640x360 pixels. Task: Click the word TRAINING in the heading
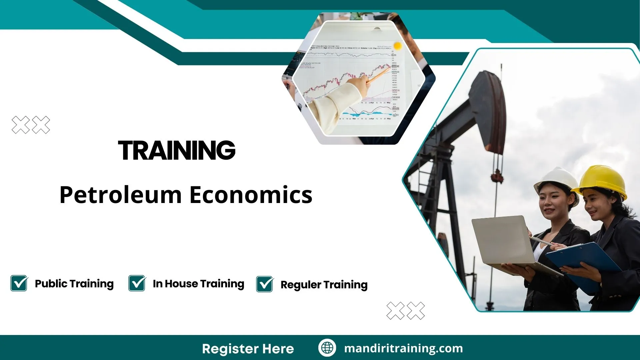point(177,150)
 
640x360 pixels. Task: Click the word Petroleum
point(120,195)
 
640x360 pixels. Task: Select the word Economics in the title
point(251,195)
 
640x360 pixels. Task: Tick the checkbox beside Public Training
point(19,283)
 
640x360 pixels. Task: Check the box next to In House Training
point(137,283)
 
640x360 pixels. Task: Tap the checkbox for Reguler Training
point(265,284)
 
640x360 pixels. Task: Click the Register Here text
point(248,349)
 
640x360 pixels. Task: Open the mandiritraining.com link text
point(403,348)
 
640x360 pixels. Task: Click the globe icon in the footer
point(327,348)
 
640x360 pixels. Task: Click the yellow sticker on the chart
point(397,45)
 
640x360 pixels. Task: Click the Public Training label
point(74,284)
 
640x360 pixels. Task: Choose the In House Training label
point(198,284)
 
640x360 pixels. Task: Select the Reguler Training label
point(324,285)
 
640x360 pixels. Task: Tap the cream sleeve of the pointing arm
point(333,107)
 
